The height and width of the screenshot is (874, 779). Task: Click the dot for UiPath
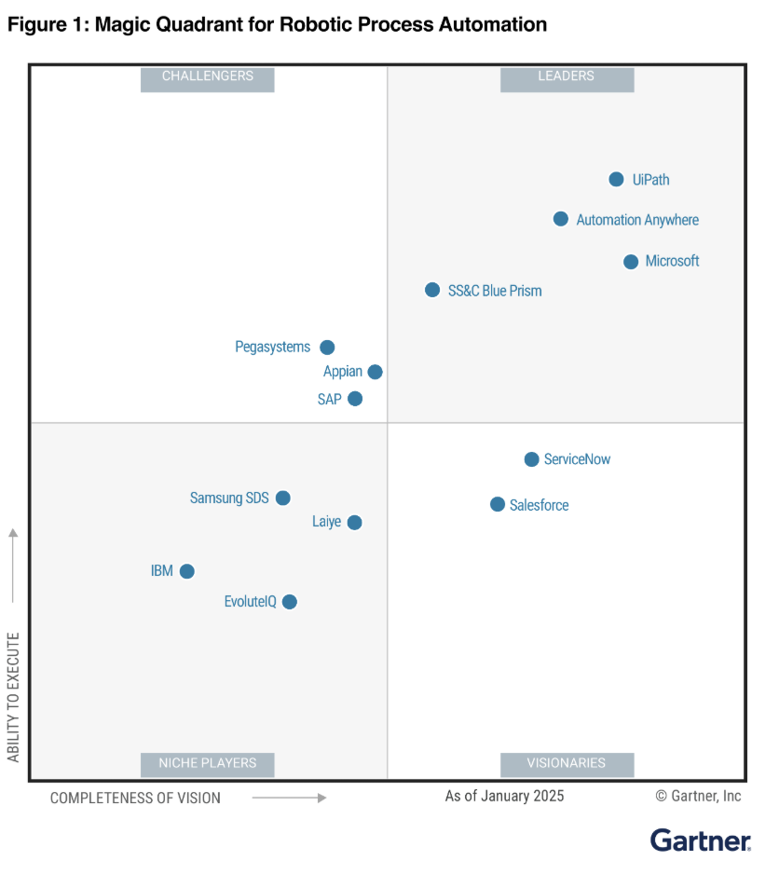tap(616, 179)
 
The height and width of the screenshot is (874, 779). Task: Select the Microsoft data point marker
tap(631, 262)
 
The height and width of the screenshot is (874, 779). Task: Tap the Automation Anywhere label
tap(637, 220)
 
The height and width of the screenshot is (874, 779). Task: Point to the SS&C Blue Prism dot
tap(432, 290)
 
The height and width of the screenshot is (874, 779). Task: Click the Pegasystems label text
tap(272, 348)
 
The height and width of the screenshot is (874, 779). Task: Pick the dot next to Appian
tap(375, 372)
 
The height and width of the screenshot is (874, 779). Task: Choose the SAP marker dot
tap(355, 399)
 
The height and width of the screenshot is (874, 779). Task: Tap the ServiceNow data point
tap(531, 459)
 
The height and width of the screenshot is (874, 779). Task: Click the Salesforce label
tap(539, 505)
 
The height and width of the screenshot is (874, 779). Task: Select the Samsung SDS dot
tap(283, 498)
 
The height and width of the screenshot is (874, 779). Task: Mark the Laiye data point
tap(354, 523)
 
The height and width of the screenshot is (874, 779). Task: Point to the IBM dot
tap(187, 571)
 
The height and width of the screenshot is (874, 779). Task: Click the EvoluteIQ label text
tap(250, 602)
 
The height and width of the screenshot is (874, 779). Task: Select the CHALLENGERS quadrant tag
tap(208, 76)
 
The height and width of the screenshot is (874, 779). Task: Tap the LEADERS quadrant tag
tap(567, 76)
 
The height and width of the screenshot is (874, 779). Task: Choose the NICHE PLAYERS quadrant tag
tap(208, 763)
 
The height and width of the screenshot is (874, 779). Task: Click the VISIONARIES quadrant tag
tap(567, 763)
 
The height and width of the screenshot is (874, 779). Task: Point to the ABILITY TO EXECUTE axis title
tap(13, 697)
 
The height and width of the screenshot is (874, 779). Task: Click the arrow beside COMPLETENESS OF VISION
tap(289, 798)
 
